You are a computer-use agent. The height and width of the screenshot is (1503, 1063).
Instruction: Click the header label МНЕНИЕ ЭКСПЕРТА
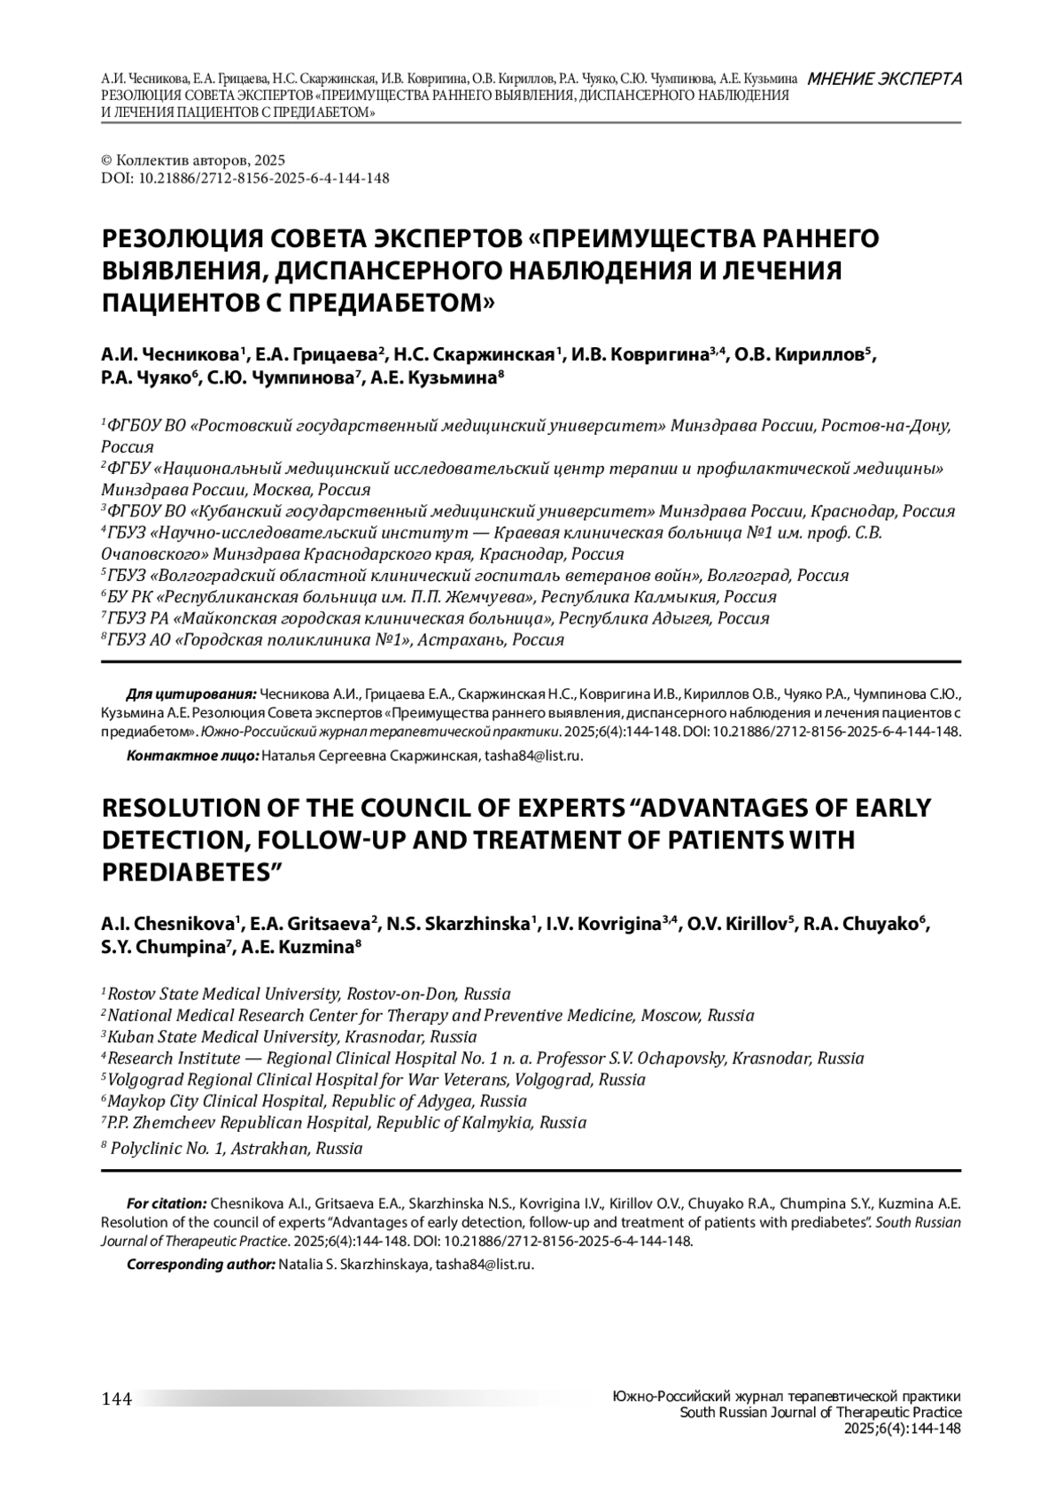click(x=885, y=79)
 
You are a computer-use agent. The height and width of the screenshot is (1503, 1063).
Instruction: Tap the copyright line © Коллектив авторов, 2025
click(x=193, y=160)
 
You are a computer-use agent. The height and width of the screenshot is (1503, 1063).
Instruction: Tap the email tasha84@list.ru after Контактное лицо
click(x=531, y=755)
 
